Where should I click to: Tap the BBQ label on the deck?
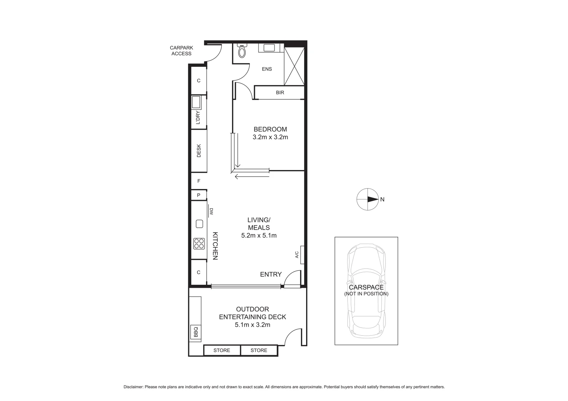pyautogui.click(x=196, y=332)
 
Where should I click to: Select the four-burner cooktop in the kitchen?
pyautogui.click(x=199, y=243)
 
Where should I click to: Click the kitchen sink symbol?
pyautogui.click(x=199, y=224)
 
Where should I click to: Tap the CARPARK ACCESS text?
pyautogui.click(x=182, y=50)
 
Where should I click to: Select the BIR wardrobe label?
pyautogui.click(x=280, y=92)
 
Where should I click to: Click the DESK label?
pyautogui.click(x=199, y=150)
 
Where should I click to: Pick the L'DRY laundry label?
pyautogui.click(x=198, y=118)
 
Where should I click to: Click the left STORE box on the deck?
pyautogui.click(x=222, y=350)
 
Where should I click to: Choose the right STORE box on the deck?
pyautogui.click(x=259, y=350)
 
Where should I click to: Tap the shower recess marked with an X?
pyautogui.click(x=294, y=66)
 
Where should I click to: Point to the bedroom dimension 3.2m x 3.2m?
pyautogui.click(x=270, y=137)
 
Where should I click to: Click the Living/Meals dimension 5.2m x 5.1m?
pyautogui.click(x=259, y=235)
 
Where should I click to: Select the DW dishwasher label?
pyautogui.click(x=211, y=211)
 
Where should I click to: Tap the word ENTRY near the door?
pyautogui.click(x=271, y=274)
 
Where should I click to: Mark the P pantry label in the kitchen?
pyautogui.click(x=199, y=195)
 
